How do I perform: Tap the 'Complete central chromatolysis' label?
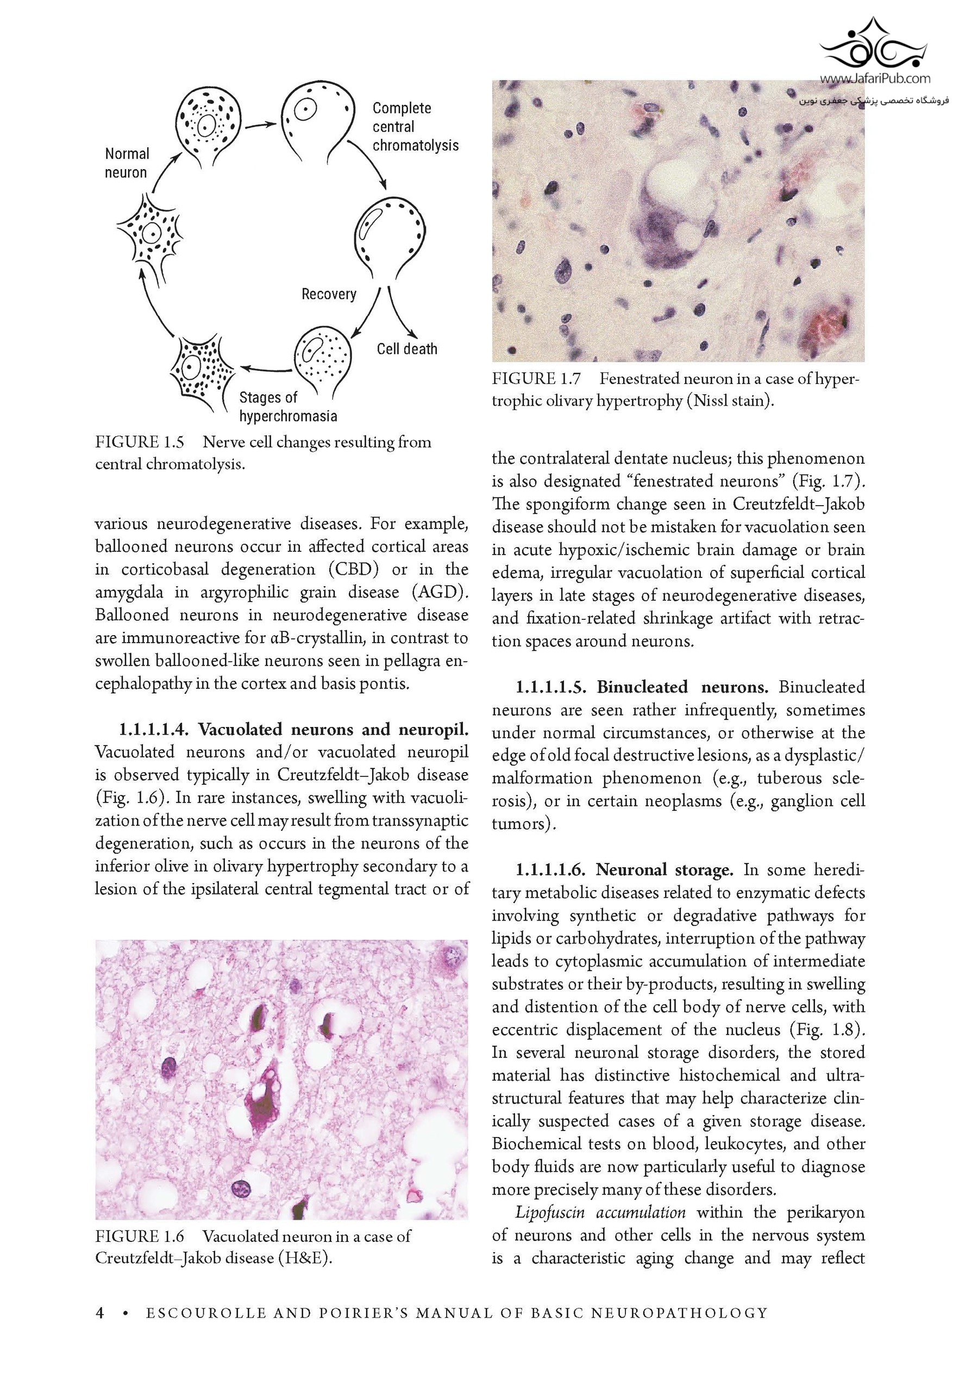(415, 127)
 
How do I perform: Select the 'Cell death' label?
(406, 349)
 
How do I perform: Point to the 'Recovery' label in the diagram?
(329, 294)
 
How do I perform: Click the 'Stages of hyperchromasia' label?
(287, 407)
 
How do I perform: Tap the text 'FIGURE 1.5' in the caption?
(140, 442)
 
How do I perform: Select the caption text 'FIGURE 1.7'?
(536, 378)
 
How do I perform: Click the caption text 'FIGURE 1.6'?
(140, 1236)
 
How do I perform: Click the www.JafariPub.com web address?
(874, 78)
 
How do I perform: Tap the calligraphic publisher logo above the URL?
(874, 46)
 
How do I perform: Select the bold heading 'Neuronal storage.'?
(664, 869)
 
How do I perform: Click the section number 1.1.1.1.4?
(154, 729)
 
